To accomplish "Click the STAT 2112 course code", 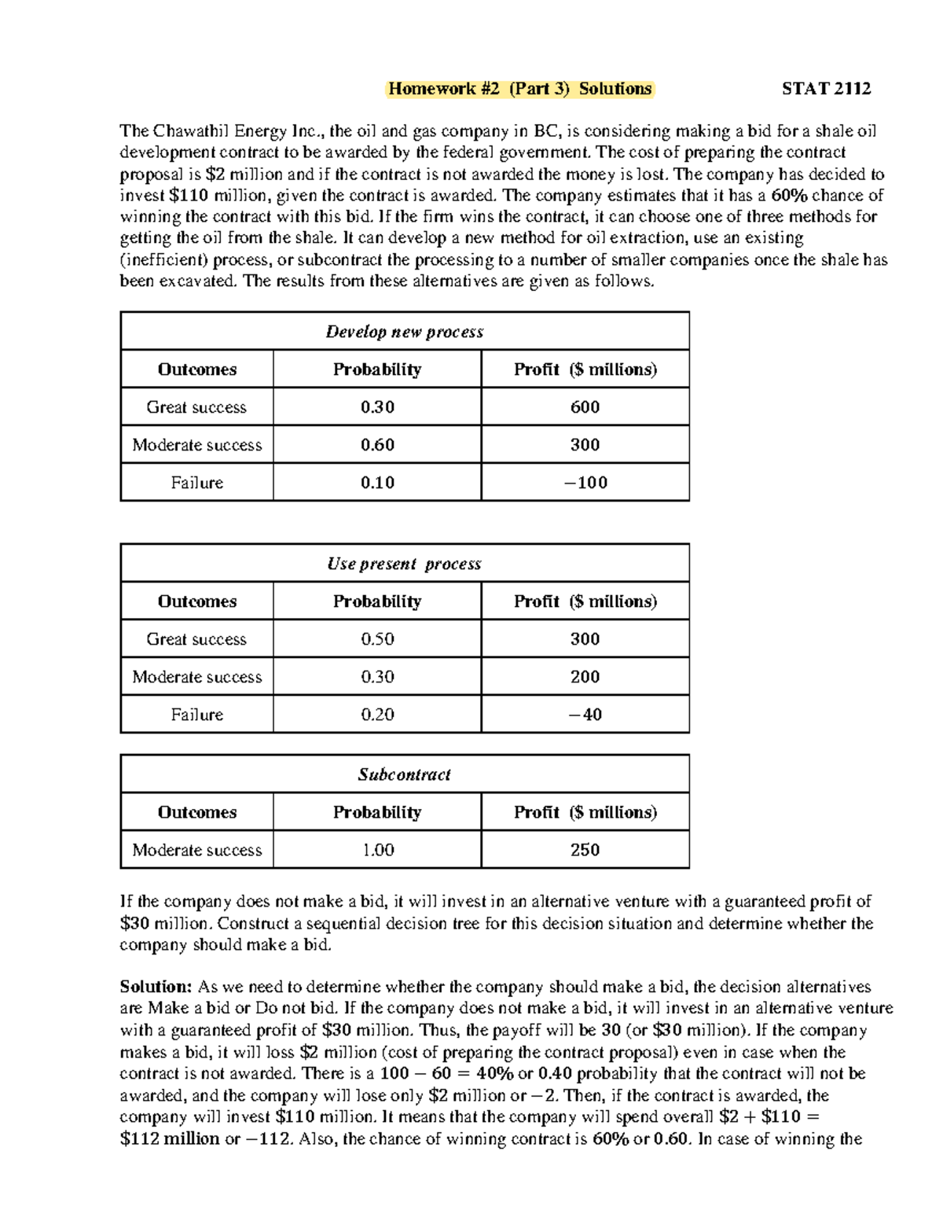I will (x=826, y=89).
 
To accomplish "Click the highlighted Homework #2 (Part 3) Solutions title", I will (x=519, y=89).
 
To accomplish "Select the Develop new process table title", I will (x=405, y=332).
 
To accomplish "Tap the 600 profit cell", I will (x=585, y=407).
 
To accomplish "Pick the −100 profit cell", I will (x=585, y=483).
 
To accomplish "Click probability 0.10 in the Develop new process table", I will (x=377, y=483).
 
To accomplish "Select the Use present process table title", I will (x=405, y=564).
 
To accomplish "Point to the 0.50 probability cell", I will (x=377, y=639).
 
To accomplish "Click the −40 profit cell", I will (x=585, y=715).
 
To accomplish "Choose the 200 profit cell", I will (x=585, y=677).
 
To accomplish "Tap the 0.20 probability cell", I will (x=377, y=715).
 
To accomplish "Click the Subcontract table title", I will (x=405, y=774).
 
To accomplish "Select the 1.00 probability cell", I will (x=377, y=850).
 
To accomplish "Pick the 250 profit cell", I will (x=585, y=850).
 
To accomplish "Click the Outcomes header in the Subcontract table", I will (x=196, y=812).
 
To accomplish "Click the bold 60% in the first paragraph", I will (x=789, y=196).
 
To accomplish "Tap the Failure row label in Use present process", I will (x=196, y=715).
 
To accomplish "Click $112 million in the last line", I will (x=170, y=1139).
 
